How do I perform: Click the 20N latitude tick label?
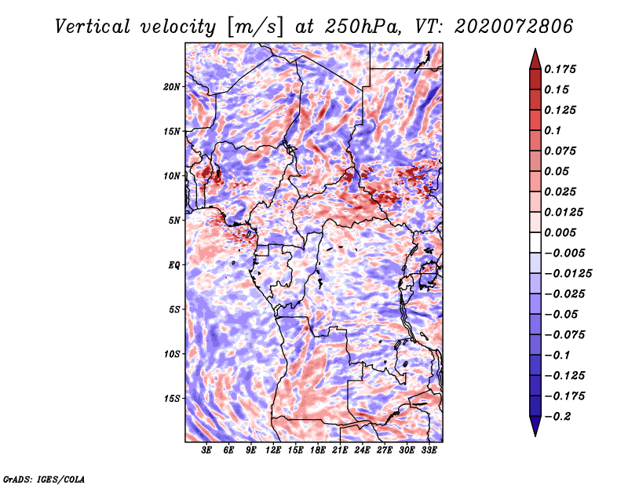pos(172,86)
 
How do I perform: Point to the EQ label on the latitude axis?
pos(174,264)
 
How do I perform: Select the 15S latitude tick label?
pos(172,398)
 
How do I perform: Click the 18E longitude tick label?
pos(318,450)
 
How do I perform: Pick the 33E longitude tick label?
pos(429,450)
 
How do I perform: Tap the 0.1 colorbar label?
pos(554,130)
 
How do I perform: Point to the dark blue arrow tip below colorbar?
pos(535,428)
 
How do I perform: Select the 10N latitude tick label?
pos(172,175)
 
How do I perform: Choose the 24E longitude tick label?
pos(362,450)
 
